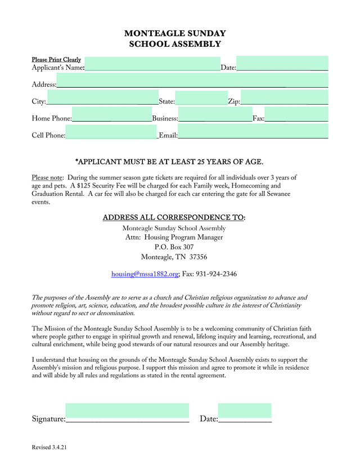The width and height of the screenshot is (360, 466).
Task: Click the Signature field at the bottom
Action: (127, 413)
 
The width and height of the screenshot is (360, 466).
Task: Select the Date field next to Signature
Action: (245, 413)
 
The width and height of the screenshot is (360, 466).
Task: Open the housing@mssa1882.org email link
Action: (145, 274)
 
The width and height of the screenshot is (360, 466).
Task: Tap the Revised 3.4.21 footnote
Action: (50, 448)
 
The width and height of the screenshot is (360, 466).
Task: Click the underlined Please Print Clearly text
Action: (56, 60)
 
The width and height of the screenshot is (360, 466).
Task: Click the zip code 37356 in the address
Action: (197, 257)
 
